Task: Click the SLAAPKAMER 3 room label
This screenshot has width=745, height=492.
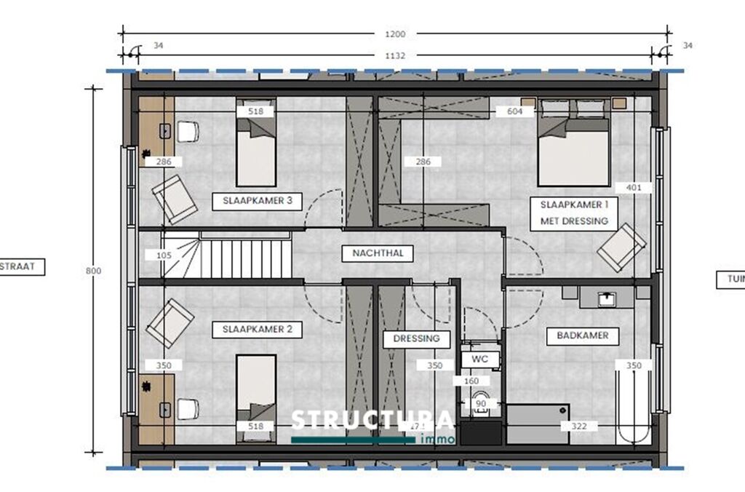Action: (257, 202)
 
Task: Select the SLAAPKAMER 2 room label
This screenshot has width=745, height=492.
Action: (257, 330)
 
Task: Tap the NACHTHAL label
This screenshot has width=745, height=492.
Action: (378, 253)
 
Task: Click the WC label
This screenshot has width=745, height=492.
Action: (480, 360)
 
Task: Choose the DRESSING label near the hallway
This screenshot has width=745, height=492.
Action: (417, 338)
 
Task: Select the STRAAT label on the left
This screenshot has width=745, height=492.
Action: (22, 267)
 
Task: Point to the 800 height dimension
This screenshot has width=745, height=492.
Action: (93, 270)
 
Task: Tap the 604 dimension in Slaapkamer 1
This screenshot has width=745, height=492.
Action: (515, 111)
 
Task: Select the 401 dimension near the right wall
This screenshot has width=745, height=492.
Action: (634, 187)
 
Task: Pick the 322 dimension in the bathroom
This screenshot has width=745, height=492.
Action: (569, 426)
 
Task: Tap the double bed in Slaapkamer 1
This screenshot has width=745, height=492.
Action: (573, 149)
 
